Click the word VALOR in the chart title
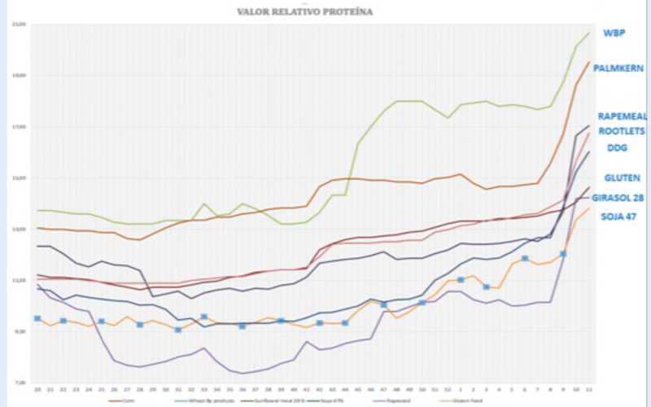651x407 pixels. point(253,12)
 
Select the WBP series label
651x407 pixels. point(614,33)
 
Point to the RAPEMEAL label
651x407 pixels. point(622,116)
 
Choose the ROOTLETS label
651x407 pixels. point(622,130)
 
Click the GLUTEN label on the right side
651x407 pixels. point(621,177)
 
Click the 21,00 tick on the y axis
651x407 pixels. point(20,24)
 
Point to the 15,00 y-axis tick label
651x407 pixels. point(20,178)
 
